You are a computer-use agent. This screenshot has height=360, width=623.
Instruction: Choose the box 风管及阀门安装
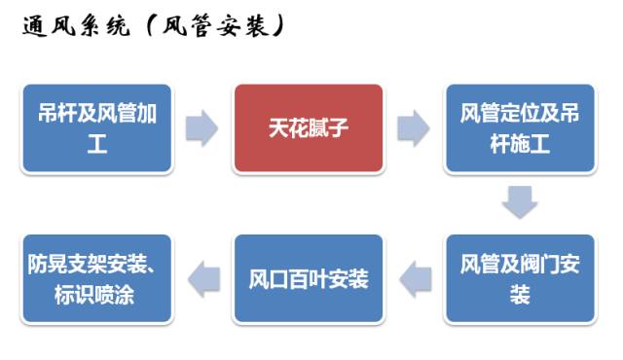[520, 279]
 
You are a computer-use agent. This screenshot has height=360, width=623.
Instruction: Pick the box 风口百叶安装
[308, 279]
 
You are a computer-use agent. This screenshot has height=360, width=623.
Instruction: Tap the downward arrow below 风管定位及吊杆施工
[520, 202]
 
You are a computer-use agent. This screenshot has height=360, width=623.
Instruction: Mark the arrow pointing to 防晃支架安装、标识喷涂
[202, 279]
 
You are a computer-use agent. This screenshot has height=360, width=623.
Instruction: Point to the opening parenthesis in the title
[146, 28]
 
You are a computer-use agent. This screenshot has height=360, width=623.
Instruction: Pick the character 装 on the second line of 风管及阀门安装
[520, 295]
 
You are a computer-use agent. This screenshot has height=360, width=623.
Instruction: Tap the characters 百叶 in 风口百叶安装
[308, 280]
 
